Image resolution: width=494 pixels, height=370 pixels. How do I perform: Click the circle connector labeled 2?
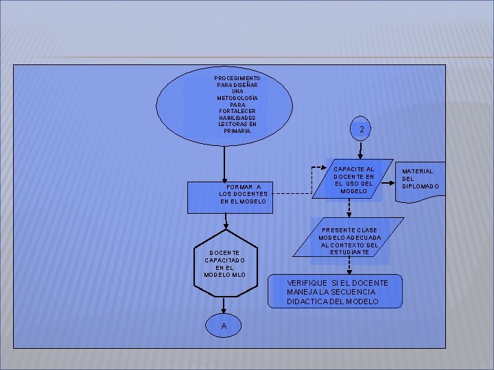click(362, 129)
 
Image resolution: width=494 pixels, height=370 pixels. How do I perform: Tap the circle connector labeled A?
click(224, 325)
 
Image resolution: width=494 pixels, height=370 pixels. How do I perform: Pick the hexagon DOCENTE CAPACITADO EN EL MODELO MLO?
click(225, 264)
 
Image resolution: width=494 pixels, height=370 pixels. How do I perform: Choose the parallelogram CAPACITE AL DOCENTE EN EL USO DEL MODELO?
click(353, 180)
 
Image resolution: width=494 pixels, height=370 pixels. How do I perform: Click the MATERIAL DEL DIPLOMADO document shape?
click(420, 180)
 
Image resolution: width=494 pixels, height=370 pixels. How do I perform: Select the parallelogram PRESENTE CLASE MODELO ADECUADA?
click(349, 241)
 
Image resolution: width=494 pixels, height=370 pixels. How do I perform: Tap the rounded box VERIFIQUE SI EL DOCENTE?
click(336, 292)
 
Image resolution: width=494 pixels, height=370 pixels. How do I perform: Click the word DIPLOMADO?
click(421, 186)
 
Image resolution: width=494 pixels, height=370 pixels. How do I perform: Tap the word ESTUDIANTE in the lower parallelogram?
click(349, 253)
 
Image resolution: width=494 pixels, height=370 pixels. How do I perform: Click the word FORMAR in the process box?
click(240, 186)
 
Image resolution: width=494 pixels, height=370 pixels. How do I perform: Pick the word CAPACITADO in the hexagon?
click(224, 260)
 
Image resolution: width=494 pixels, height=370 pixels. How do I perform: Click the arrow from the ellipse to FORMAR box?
click(225, 164)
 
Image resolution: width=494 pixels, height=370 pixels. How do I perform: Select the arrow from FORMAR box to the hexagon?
click(225, 221)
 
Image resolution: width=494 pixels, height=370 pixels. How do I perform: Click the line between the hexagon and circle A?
click(224, 306)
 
